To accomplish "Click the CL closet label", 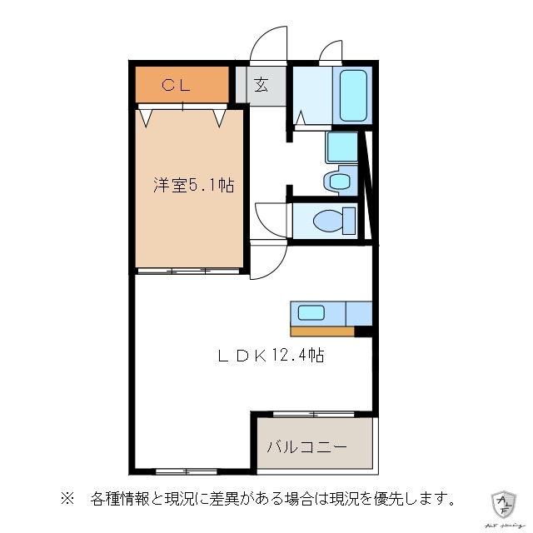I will point(176,84).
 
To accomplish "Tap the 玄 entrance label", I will point(261,84).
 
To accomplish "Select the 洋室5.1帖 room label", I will point(192,185).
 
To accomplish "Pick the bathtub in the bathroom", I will point(353,95).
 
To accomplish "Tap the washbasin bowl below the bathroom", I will point(339,181).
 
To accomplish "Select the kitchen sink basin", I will point(311,313).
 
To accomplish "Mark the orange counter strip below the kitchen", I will point(322,331).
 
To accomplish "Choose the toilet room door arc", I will point(270,218).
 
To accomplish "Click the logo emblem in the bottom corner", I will point(504,502).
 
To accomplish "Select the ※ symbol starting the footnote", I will point(67,500).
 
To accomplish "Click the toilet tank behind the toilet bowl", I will point(347,220).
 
